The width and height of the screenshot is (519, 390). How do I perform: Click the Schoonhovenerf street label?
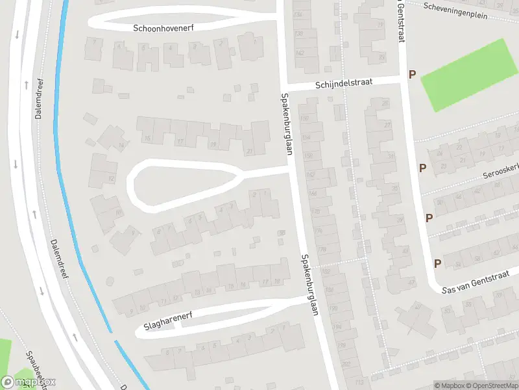point(163,28)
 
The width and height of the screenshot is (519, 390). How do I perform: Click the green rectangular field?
point(466,75)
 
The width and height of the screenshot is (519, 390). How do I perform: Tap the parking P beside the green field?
point(412,75)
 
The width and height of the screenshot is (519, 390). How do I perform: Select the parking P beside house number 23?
point(422,168)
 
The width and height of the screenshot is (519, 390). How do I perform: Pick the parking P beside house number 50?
point(429,218)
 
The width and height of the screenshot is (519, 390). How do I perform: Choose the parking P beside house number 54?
point(437,263)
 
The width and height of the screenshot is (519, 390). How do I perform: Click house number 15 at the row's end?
point(147,138)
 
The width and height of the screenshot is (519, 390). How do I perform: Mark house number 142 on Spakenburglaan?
point(299,53)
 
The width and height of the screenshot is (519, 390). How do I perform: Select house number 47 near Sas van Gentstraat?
point(411,282)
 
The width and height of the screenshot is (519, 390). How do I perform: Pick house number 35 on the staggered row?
point(395,189)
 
